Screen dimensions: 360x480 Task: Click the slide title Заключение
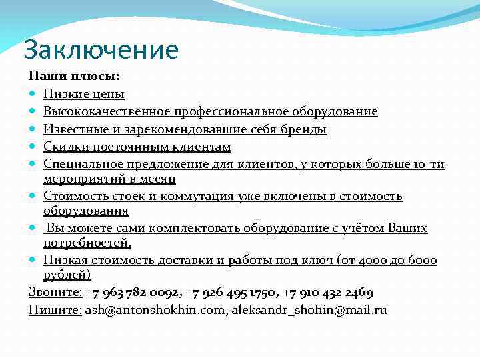point(101,50)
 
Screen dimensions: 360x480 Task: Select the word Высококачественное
point(106,111)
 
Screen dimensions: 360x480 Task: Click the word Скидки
point(65,146)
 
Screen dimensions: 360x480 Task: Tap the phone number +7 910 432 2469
point(328,292)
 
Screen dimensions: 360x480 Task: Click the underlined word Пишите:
point(55,309)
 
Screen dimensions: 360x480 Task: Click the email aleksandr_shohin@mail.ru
point(309,309)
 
